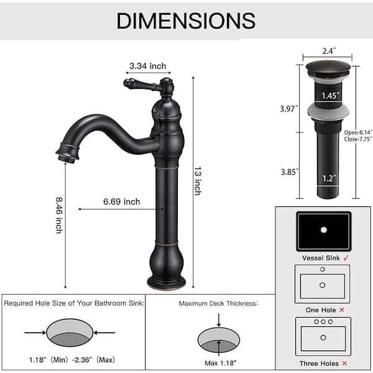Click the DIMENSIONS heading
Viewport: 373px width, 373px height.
[x=186, y=21]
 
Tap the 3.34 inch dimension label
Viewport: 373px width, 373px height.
[x=147, y=65]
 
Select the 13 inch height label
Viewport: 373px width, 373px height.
[x=197, y=180]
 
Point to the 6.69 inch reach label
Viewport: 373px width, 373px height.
[x=121, y=201]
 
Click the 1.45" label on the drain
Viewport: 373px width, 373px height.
[x=330, y=96]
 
